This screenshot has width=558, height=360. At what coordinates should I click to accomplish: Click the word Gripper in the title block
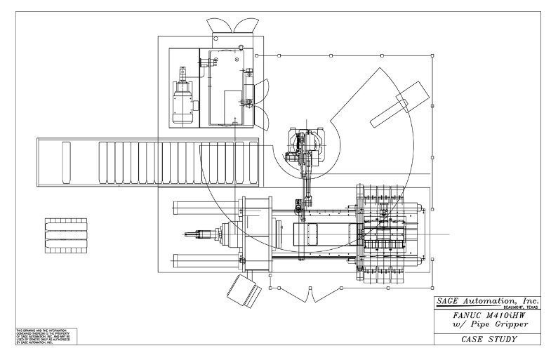[505, 326]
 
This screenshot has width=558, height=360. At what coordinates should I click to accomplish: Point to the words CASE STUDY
[489, 340]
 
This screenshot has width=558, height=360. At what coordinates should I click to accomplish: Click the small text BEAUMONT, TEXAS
[519, 308]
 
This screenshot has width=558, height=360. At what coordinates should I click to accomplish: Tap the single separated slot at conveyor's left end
[66, 161]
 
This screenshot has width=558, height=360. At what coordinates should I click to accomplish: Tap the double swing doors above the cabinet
[232, 25]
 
